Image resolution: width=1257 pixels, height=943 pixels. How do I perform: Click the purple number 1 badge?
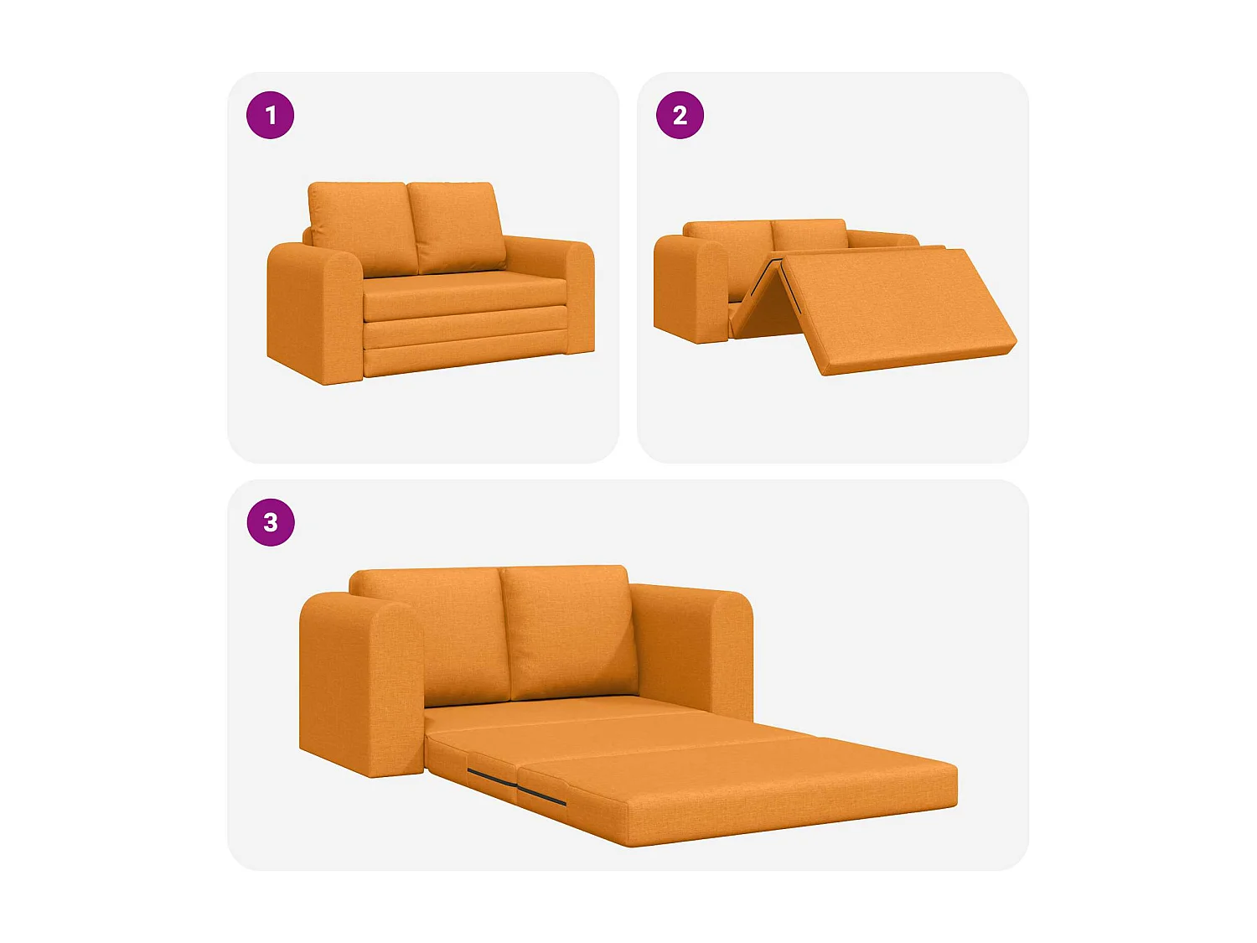point(270,115)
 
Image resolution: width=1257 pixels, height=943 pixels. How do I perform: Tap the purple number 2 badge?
point(679,115)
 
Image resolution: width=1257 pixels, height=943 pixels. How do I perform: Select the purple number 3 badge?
point(271,522)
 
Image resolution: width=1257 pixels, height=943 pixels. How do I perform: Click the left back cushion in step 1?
point(363,228)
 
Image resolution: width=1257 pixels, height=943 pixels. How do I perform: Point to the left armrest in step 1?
point(314,313)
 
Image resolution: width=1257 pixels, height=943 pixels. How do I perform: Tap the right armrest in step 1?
point(580,298)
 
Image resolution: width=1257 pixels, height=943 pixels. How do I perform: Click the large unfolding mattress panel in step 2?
point(899,310)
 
